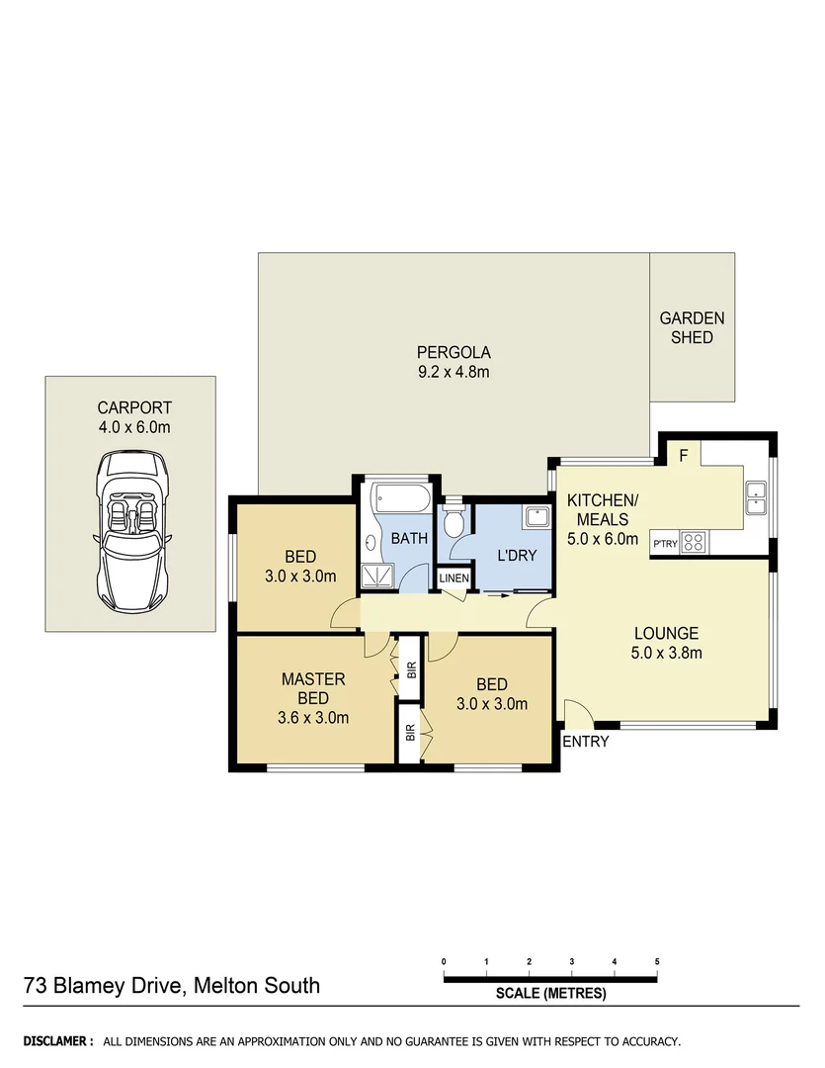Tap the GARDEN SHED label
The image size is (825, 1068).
click(692, 327)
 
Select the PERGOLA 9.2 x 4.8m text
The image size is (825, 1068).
click(454, 362)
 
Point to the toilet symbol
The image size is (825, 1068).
click(454, 521)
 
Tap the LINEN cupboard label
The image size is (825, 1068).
click(454, 578)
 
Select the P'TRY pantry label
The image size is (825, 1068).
click(664, 543)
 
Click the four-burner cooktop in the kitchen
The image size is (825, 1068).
click(694, 542)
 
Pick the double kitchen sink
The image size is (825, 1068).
click(756, 496)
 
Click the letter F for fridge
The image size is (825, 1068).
click(683, 455)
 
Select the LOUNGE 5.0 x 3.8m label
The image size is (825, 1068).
click(666, 643)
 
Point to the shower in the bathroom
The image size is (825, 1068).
click(376, 577)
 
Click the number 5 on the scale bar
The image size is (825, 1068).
click(657, 962)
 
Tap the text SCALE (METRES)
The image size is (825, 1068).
click(550, 994)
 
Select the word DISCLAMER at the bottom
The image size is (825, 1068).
click(57, 1041)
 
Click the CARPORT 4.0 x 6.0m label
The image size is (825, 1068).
click(133, 416)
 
